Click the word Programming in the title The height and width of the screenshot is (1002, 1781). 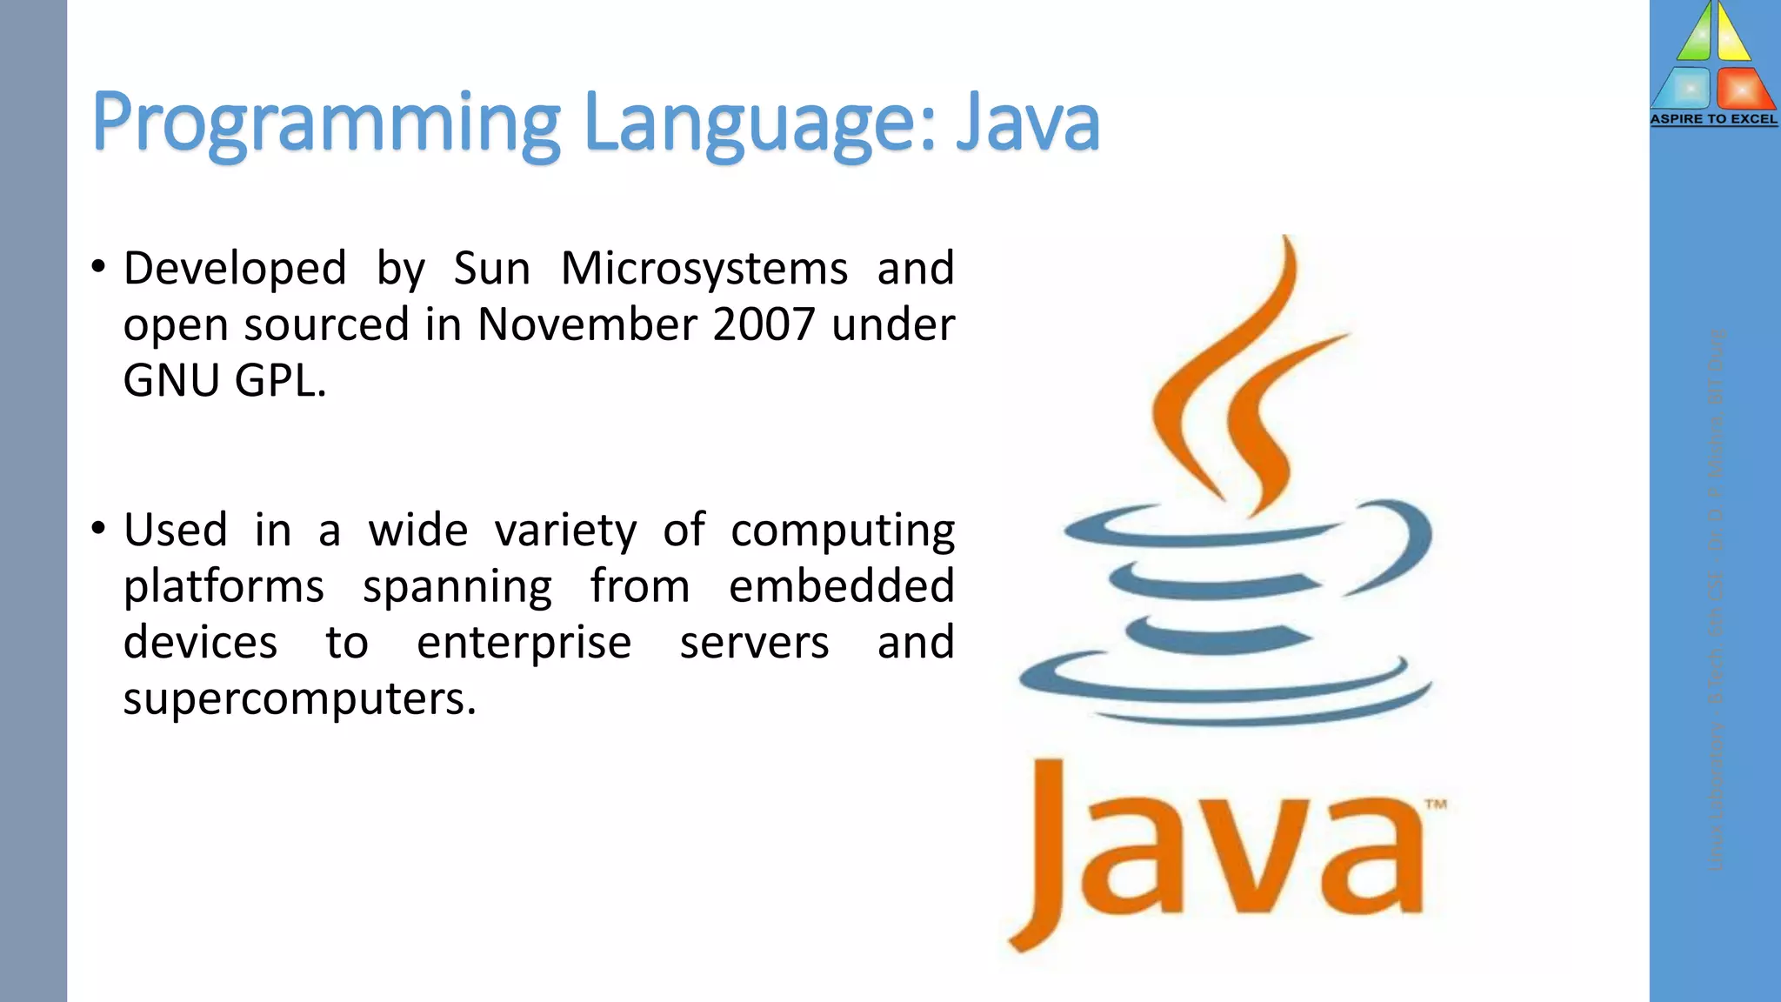pyautogui.click(x=326, y=124)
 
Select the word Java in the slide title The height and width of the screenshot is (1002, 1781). pyautogui.click(x=1028, y=124)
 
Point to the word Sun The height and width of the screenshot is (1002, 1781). pyautogui.click(x=492, y=268)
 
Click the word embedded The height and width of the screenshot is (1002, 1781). pyautogui.click(x=841, y=585)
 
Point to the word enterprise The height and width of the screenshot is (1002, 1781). pyautogui.click(x=524, y=643)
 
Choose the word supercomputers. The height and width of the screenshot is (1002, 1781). pyautogui.click(x=299, y=698)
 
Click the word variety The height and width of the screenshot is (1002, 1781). pyautogui.click(x=565, y=531)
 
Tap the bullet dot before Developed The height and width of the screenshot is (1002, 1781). pyautogui.click(x=98, y=266)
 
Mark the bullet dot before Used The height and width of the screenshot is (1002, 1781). pyautogui.click(x=98, y=528)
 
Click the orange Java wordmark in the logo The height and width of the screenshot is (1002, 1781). pyautogui.click(x=1217, y=857)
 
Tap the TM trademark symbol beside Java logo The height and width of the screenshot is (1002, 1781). pyautogui.click(x=1436, y=804)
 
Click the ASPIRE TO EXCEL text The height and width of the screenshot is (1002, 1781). pyautogui.click(x=1713, y=119)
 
